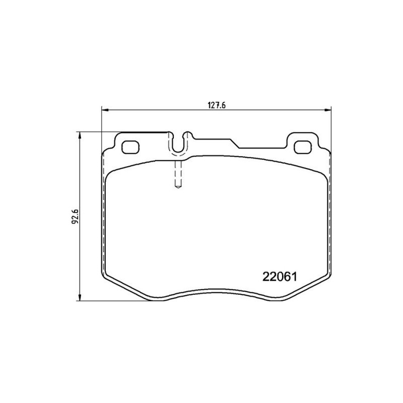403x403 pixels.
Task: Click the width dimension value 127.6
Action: (x=217, y=105)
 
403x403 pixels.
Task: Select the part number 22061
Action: (x=280, y=277)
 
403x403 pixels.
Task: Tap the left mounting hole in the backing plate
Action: (x=130, y=147)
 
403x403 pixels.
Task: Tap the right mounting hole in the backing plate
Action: (x=303, y=147)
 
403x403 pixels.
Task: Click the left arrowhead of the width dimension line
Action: (x=105, y=110)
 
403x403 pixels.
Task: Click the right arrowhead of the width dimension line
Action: (x=327, y=110)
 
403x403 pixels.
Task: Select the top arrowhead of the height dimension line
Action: (x=80, y=136)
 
